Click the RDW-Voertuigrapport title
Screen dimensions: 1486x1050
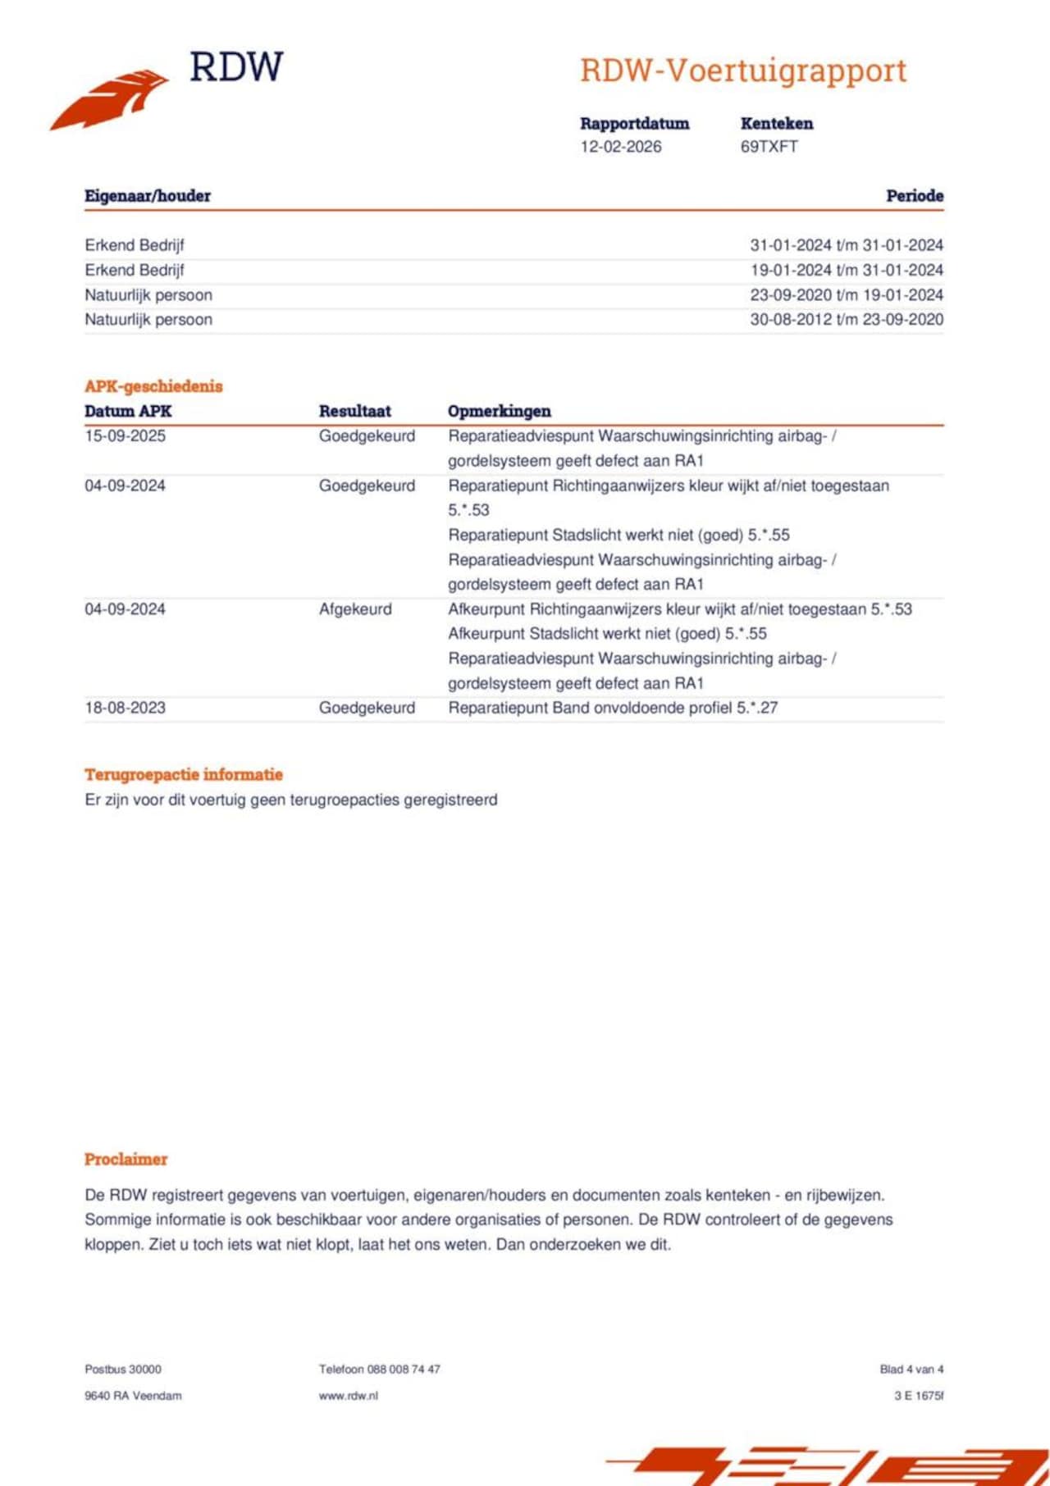click(743, 71)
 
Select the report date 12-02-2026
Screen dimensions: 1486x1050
click(620, 147)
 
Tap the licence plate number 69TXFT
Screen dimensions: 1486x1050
click(769, 147)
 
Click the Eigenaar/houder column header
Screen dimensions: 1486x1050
click(148, 196)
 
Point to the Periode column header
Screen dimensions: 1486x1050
click(914, 196)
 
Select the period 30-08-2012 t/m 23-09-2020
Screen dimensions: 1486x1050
click(846, 320)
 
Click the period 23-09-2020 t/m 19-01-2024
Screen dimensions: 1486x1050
click(846, 295)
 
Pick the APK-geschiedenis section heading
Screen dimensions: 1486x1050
click(153, 386)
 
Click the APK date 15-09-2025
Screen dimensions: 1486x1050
click(125, 436)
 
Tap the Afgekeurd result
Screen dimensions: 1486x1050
click(355, 609)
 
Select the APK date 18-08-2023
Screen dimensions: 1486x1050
click(125, 708)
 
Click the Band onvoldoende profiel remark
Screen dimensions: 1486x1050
click(612, 708)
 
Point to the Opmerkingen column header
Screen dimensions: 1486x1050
click(499, 412)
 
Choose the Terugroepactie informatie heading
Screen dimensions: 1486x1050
click(183, 775)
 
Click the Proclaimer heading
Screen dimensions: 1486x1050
click(126, 1160)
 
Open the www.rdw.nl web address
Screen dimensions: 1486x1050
click(348, 1396)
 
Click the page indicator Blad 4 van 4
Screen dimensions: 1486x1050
click(911, 1370)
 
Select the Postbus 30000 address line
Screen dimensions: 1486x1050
click(123, 1370)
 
